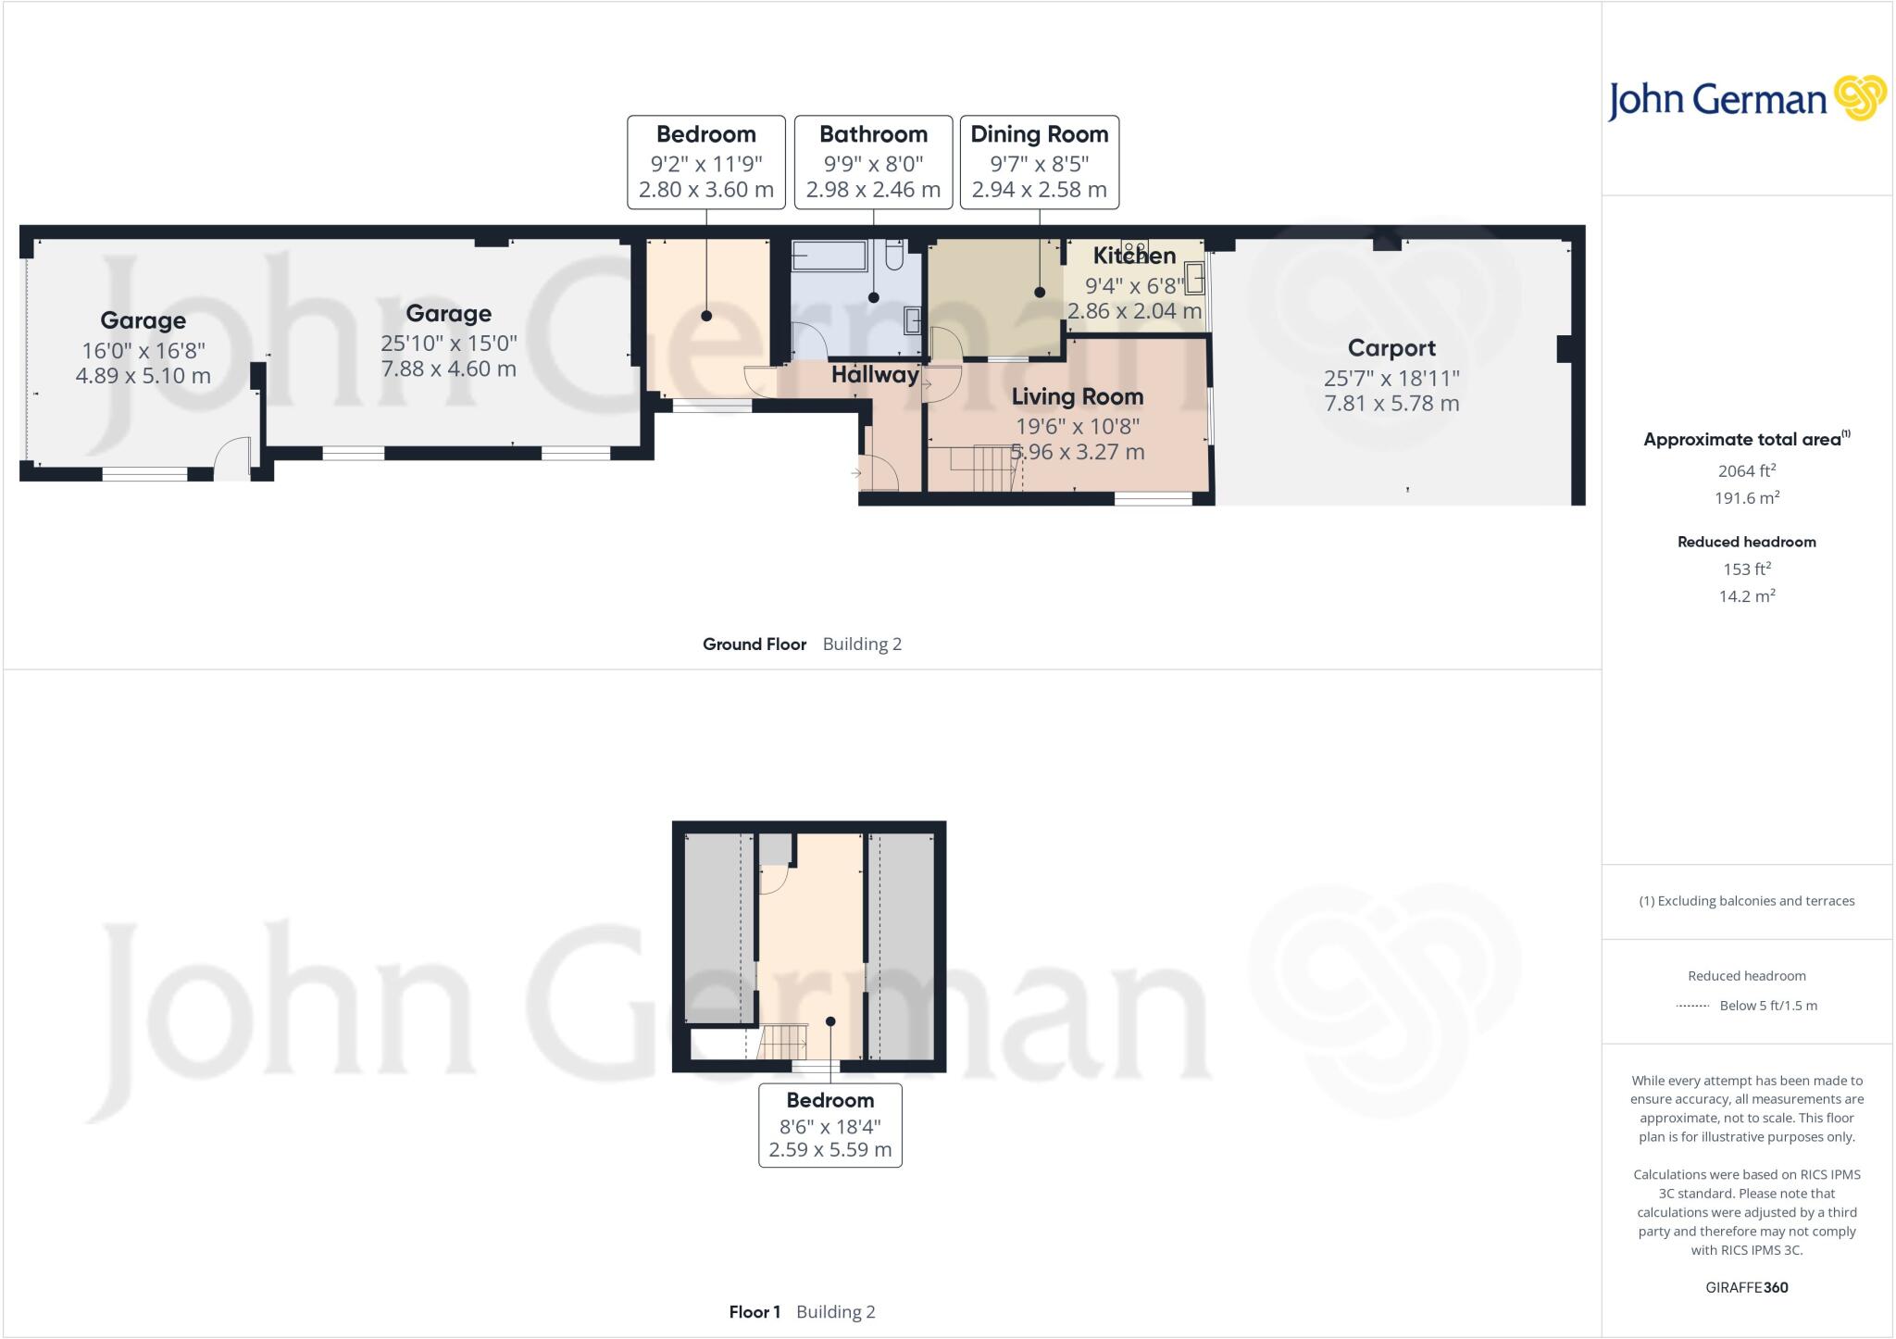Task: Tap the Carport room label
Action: click(x=1391, y=348)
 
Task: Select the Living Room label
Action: click(x=1077, y=396)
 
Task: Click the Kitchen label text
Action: click(x=1134, y=256)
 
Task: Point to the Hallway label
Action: click(x=874, y=375)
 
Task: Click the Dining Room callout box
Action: click(x=1039, y=162)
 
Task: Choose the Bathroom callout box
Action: click(x=873, y=162)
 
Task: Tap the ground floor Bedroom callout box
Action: click(x=706, y=162)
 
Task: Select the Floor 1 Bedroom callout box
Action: click(x=829, y=1124)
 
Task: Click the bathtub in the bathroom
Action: click(x=829, y=256)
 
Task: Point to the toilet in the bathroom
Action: click(x=894, y=255)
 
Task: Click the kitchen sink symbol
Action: click(x=1194, y=278)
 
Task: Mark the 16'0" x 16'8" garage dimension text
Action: click(x=143, y=350)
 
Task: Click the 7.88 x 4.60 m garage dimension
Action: click(x=448, y=369)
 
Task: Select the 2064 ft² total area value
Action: click(x=1746, y=470)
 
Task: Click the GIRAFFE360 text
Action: click(x=1746, y=1287)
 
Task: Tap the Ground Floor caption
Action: click(x=755, y=644)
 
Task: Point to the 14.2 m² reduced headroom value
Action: click(x=1746, y=596)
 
